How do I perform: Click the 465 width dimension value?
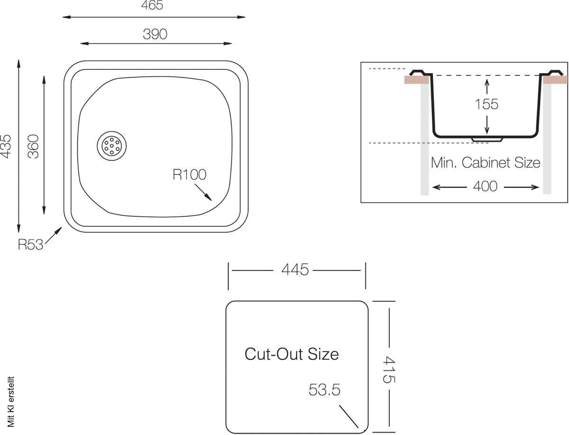[152, 5]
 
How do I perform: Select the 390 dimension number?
[155, 34]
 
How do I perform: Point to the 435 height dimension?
[6, 146]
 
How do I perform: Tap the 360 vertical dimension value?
[33, 146]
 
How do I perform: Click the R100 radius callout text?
[190, 175]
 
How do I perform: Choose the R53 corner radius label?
[30, 244]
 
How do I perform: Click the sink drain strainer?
[112, 146]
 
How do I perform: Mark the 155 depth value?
[486, 104]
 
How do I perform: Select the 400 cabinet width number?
[485, 186]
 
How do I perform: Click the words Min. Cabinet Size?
[486, 163]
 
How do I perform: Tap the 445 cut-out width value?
[295, 269]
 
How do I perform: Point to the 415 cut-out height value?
[389, 370]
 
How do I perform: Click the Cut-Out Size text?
[292, 354]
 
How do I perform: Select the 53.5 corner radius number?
[324, 389]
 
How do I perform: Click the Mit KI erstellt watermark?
[10, 402]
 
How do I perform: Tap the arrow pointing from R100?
[203, 192]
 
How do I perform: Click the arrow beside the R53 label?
[54, 235]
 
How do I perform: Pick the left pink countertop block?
[417, 80]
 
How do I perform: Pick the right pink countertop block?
[555, 80]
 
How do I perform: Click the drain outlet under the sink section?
[486, 139]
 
